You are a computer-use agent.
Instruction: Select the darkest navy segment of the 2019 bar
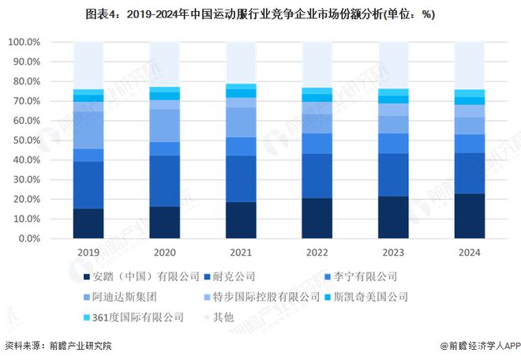point(88,223)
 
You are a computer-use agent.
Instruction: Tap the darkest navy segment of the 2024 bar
point(469,216)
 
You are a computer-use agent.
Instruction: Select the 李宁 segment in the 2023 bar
point(393,144)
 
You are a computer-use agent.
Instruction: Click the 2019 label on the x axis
point(88,253)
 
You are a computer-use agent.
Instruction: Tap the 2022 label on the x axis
point(317,253)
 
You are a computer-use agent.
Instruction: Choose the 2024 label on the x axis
point(469,253)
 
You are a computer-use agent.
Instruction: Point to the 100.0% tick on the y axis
point(24,42)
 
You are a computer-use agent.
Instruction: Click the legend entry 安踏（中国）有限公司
point(139,276)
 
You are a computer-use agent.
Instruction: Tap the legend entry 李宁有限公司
point(362,276)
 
